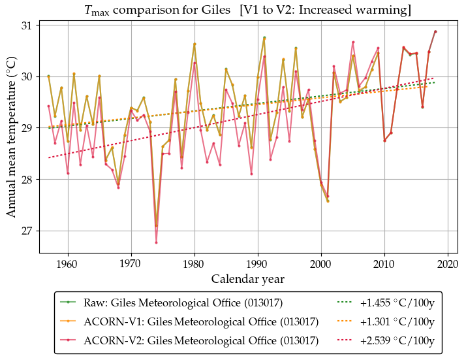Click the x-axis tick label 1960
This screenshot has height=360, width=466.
[x=67, y=265]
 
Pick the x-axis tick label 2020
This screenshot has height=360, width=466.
[x=448, y=265]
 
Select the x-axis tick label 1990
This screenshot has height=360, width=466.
[x=258, y=265]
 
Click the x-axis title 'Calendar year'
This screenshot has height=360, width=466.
[x=247, y=279]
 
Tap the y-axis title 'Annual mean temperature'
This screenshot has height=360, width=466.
[x=12, y=140]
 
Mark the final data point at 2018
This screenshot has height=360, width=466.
[x=435, y=31]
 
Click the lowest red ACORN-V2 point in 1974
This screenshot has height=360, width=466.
[x=156, y=242]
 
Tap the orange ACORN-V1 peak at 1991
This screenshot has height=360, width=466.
[x=264, y=38]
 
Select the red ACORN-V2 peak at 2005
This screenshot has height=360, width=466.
[x=353, y=42]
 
